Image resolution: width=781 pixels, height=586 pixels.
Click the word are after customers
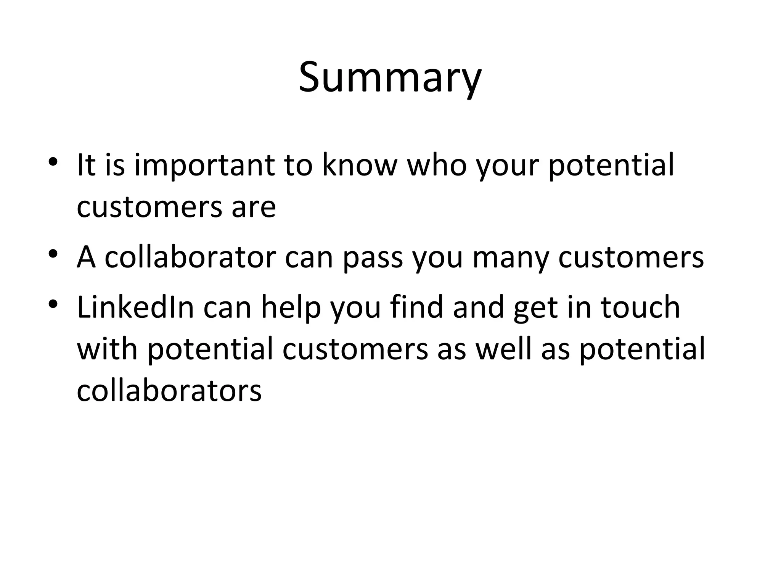tap(253, 208)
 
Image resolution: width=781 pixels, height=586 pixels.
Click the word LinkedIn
tap(136, 307)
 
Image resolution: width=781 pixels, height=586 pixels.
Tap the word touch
tap(641, 307)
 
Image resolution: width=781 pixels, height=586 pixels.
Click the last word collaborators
tap(169, 391)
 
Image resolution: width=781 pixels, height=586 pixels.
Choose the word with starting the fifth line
tap(107, 349)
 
